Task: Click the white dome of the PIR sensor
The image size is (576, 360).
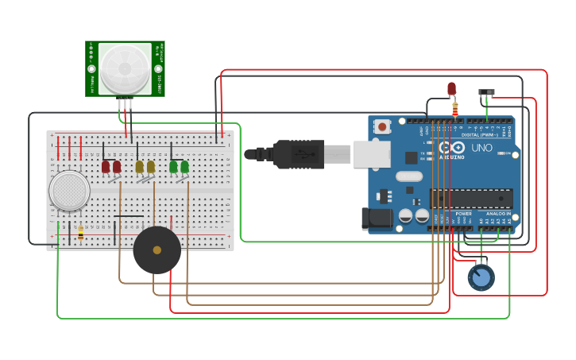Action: [126, 68]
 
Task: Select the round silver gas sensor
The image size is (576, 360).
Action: [69, 191]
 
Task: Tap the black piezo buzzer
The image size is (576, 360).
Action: [157, 250]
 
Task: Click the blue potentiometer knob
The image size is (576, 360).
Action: [481, 277]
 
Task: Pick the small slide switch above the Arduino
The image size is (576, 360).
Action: [487, 93]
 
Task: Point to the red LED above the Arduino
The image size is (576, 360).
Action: [451, 88]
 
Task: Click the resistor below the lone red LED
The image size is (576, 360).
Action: [454, 109]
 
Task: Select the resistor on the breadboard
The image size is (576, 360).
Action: [80, 231]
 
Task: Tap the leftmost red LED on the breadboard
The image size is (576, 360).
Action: [106, 166]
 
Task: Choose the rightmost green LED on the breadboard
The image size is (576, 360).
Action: [185, 166]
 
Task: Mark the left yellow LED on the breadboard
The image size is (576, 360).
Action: [140, 166]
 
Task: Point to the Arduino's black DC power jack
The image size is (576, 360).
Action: [377, 219]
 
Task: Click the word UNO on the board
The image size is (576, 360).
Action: [481, 148]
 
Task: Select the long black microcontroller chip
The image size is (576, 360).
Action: [470, 198]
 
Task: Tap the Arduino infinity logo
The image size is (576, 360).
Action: [451, 148]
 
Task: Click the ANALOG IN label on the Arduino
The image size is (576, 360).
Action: [497, 214]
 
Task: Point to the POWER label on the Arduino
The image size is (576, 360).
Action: [464, 214]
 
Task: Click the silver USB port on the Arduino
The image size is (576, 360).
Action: [371, 154]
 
